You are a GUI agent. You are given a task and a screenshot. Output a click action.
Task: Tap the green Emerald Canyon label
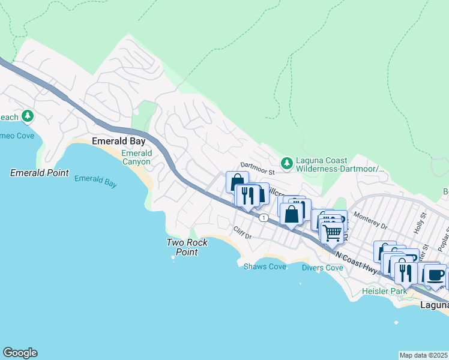[x=137, y=157]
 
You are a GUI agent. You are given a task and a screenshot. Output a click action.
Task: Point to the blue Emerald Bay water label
[x=95, y=181]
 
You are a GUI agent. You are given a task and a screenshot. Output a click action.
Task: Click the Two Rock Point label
[x=187, y=247]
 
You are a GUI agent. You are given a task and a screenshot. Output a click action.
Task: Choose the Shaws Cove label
[x=265, y=266]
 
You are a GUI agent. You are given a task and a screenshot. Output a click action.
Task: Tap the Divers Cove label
[x=322, y=268]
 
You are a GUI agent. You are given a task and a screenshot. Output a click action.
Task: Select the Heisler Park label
[x=384, y=291]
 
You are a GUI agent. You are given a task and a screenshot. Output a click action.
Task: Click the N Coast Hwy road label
[x=357, y=263]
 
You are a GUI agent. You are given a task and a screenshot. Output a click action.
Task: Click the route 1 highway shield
[x=263, y=217]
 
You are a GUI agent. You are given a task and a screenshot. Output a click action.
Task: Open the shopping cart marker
[x=332, y=232]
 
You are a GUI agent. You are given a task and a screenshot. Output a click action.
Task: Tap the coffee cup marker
[x=435, y=275]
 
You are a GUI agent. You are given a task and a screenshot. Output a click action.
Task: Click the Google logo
[x=20, y=353]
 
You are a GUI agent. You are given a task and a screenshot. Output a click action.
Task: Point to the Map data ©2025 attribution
[x=424, y=355]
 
